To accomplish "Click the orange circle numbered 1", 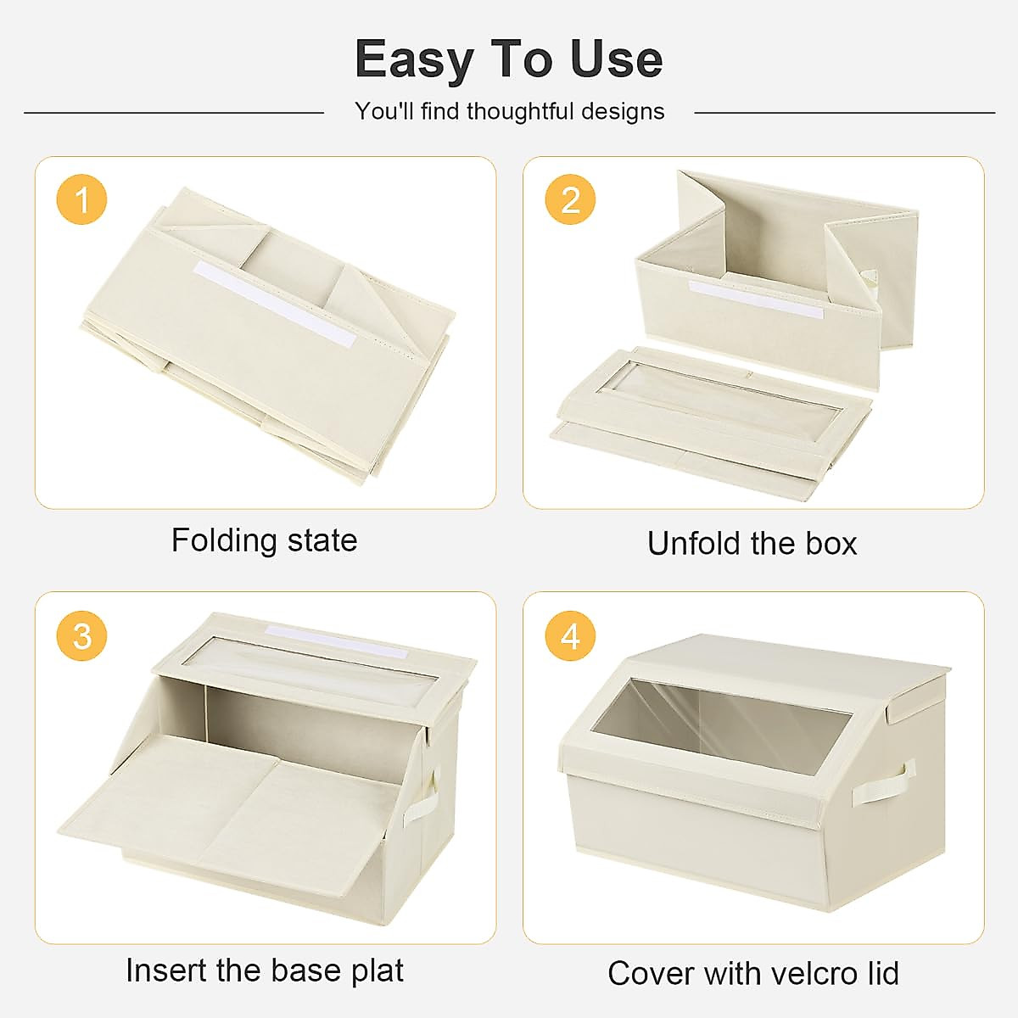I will (82, 200).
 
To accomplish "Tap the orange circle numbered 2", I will (570, 200).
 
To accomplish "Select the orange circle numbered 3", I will (82, 635).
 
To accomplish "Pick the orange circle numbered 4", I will (570, 635).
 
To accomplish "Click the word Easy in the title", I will (413, 59).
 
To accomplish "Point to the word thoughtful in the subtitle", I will (517, 111).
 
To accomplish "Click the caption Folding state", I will (264, 540).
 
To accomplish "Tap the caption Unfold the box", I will (752, 543).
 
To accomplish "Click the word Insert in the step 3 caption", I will (165, 970).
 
